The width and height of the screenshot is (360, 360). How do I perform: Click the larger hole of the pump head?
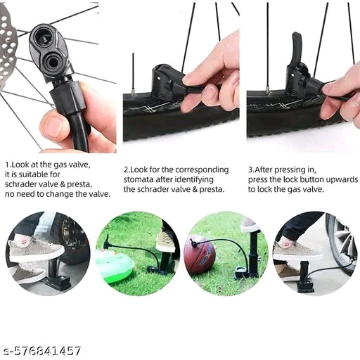pos(53,65)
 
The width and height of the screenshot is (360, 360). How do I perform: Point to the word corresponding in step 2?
pos(200,169)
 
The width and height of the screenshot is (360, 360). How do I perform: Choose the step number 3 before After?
pos(250,169)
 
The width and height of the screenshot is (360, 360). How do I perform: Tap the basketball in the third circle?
pos(200,256)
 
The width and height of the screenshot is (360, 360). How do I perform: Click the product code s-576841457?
pos(42,350)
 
